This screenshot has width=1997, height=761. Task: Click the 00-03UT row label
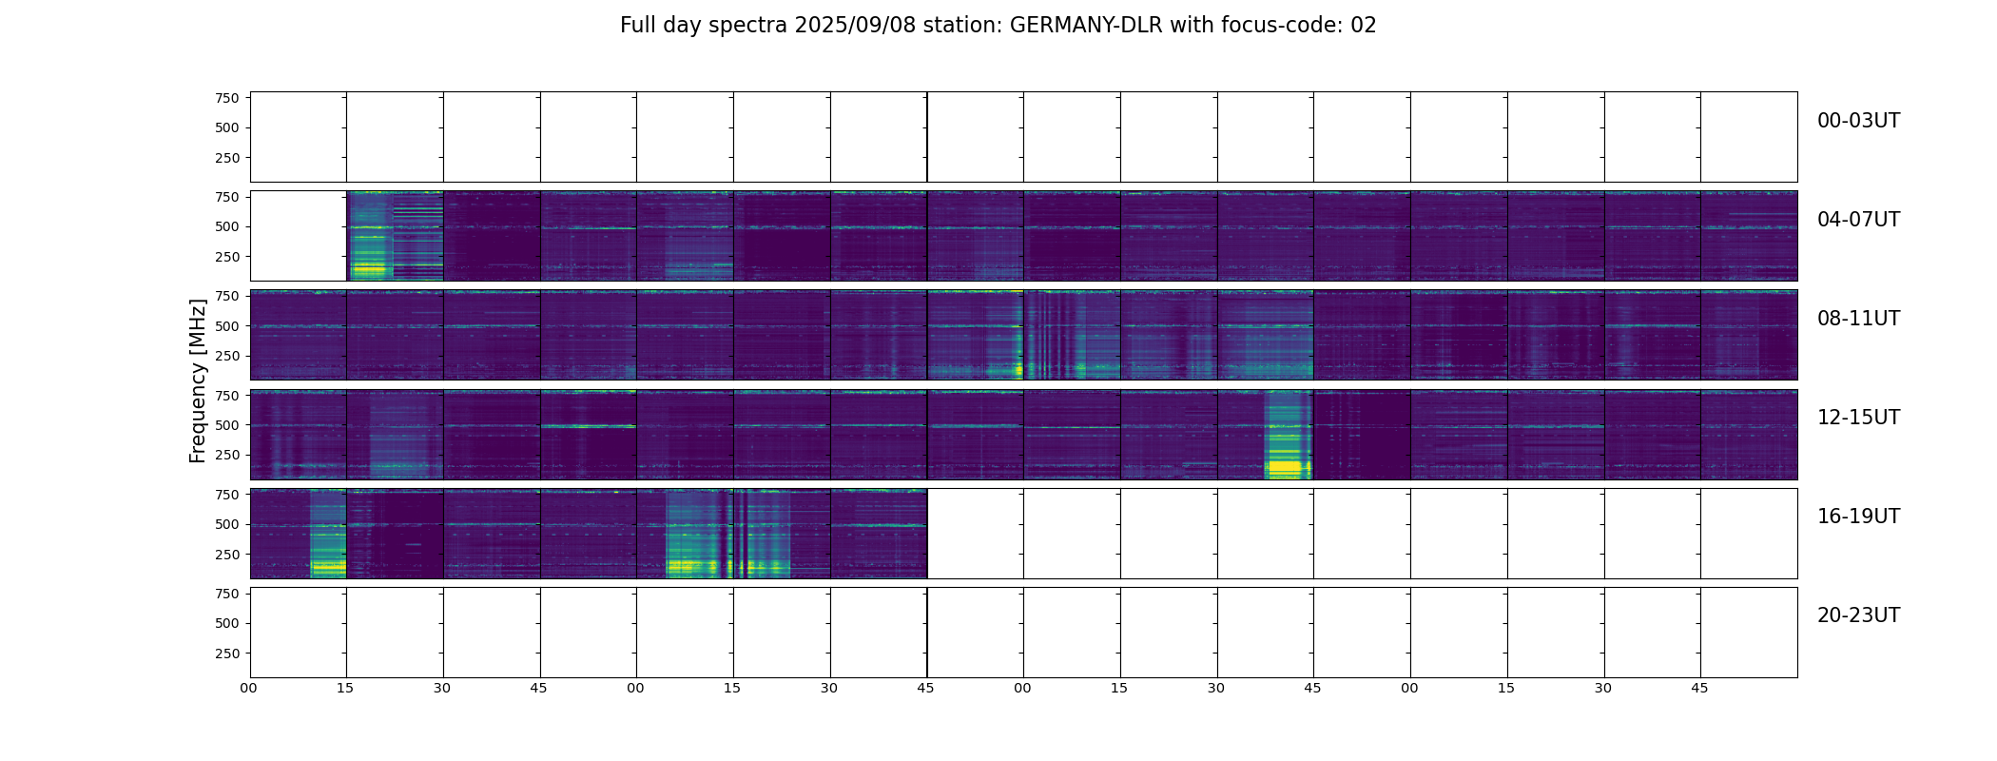pyautogui.click(x=1857, y=121)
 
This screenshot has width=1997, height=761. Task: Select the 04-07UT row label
pyautogui.click(x=1857, y=220)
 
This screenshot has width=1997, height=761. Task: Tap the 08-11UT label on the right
pyautogui.click(x=1857, y=319)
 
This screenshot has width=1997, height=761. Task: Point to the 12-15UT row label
pyautogui.click(x=1857, y=418)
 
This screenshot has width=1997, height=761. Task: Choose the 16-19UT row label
pyautogui.click(x=1857, y=517)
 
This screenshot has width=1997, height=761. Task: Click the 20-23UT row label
pyautogui.click(x=1857, y=615)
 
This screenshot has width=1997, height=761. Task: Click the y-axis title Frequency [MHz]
pyautogui.click(x=198, y=380)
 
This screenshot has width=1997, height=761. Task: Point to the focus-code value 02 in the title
pyautogui.click(x=1363, y=26)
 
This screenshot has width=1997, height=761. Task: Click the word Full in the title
pyautogui.click(x=638, y=26)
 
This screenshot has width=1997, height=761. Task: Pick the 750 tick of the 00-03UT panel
pyautogui.click(x=226, y=98)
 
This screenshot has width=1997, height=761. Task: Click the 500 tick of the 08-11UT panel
pyautogui.click(x=226, y=326)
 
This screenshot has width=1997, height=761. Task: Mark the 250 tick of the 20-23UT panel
pyautogui.click(x=226, y=654)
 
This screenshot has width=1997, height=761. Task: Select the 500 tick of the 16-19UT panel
pyautogui.click(x=226, y=524)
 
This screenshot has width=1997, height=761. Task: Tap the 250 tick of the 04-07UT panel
pyautogui.click(x=226, y=257)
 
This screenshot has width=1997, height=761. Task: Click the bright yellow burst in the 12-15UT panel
pyautogui.click(x=1287, y=467)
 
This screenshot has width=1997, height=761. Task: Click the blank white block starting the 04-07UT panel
pyautogui.click(x=298, y=236)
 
